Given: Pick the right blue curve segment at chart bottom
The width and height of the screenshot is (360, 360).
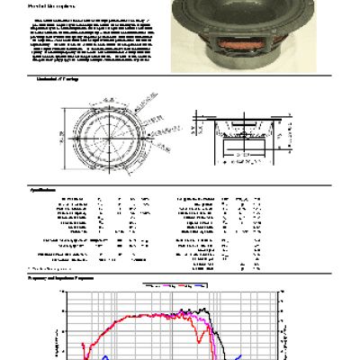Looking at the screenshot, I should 239,355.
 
